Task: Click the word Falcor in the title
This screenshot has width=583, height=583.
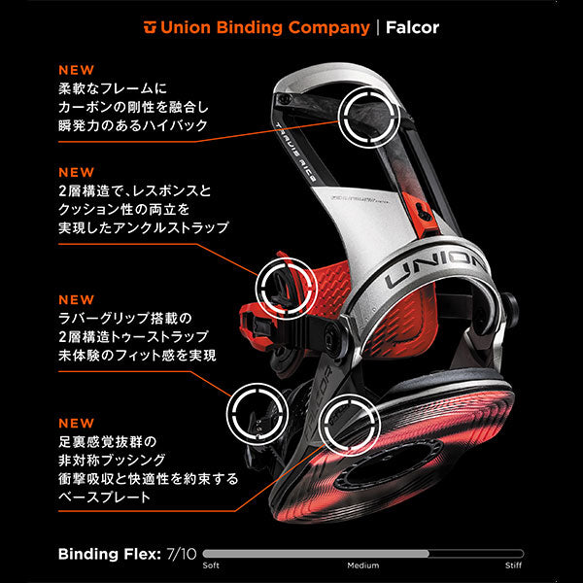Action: tap(412, 26)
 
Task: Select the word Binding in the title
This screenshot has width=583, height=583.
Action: tap(247, 26)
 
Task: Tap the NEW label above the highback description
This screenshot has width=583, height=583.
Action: tap(77, 70)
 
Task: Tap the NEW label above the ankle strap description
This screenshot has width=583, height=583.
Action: tap(77, 170)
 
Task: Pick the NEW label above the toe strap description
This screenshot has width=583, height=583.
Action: tap(77, 299)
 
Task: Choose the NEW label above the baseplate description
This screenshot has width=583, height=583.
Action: tap(77, 424)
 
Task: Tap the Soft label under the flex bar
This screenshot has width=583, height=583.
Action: tap(211, 566)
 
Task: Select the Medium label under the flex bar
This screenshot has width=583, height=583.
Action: tap(362, 566)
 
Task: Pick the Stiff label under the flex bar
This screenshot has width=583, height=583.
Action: tap(514, 566)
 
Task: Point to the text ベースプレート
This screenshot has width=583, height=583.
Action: tap(104, 496)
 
